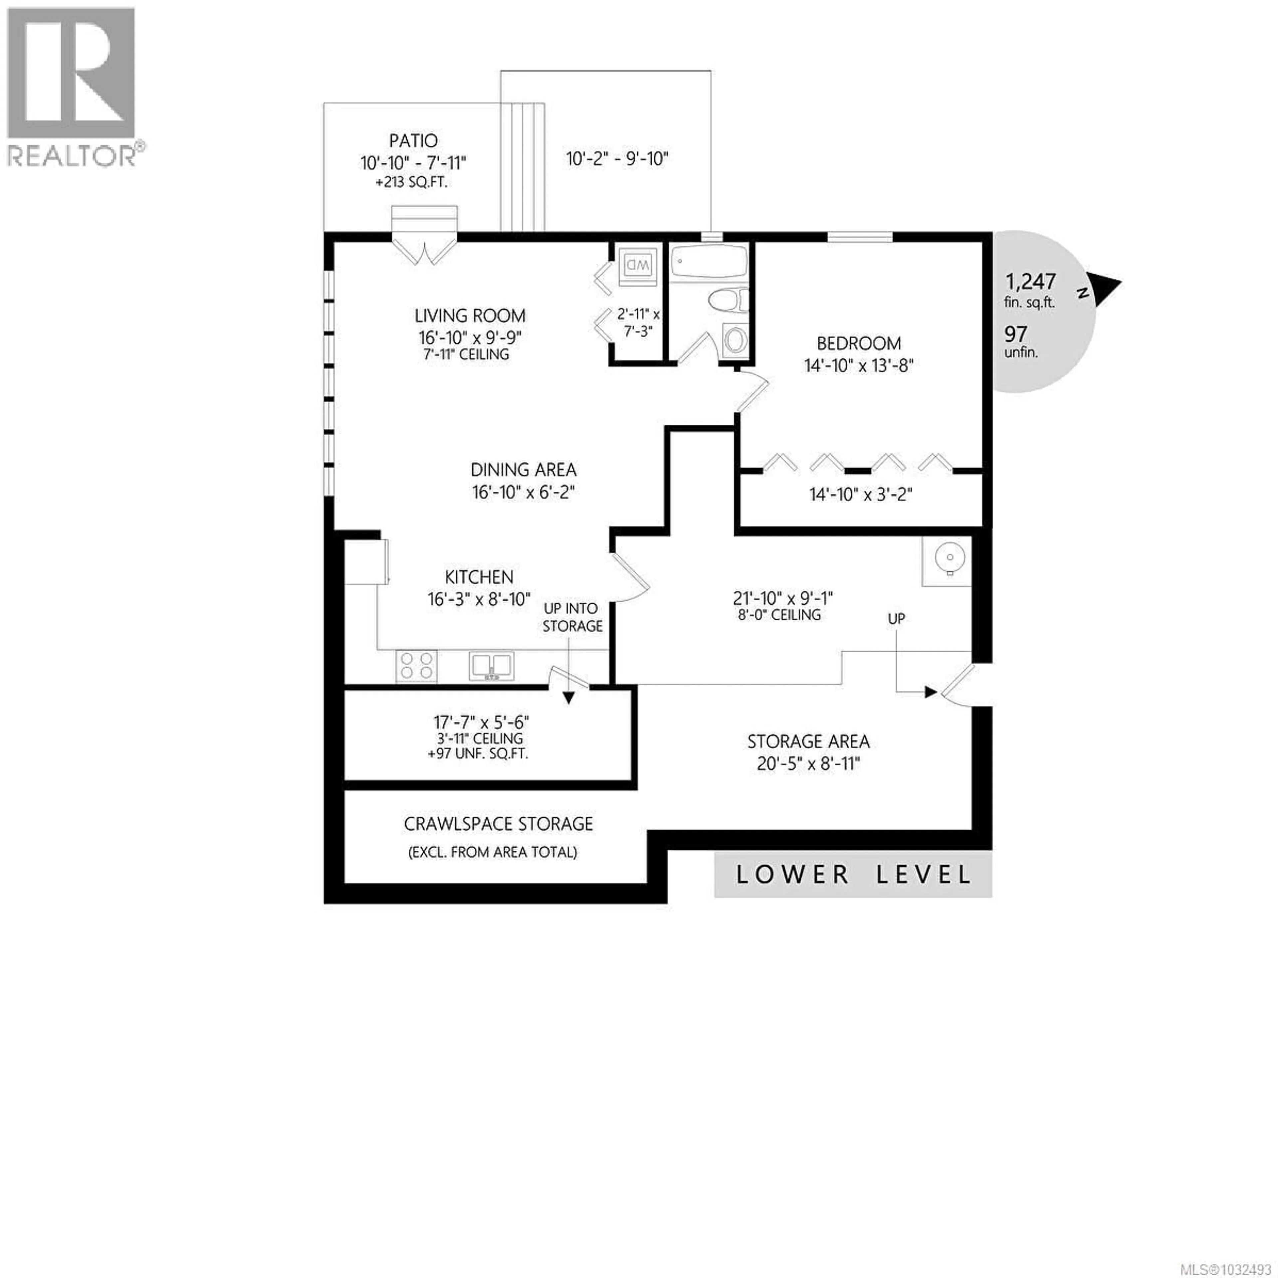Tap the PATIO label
(x=413, y=141)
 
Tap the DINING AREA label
(x=523, y=470)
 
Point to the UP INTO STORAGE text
(x=572, y=617)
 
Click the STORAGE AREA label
(x=808, y=742)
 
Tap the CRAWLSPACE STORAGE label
(x=498, y=824)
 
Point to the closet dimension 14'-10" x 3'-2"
(x=861, y=494)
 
